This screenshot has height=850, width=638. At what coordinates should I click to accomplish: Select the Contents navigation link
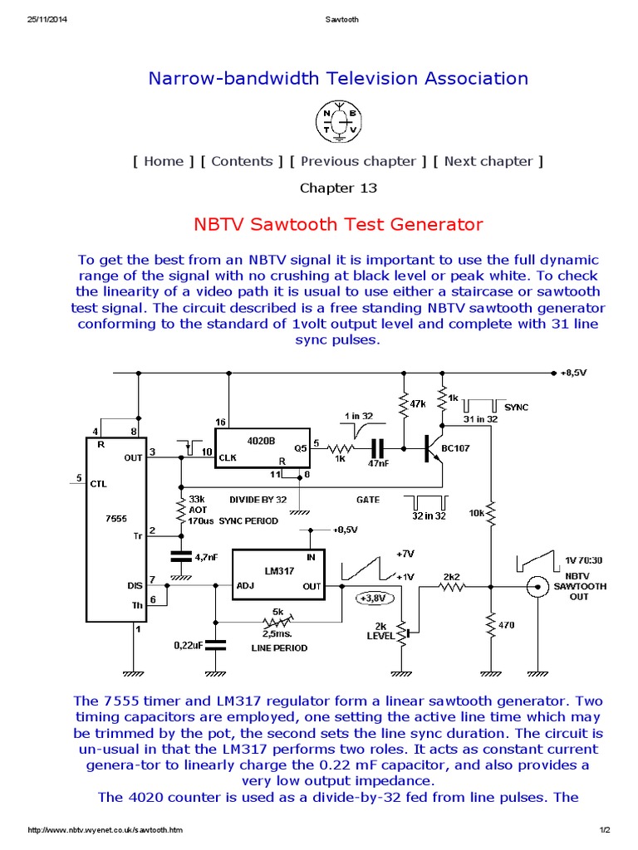[x=242, y=161]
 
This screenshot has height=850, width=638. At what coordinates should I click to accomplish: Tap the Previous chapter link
[x=358, y=161]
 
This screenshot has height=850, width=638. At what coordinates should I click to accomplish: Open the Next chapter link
[x=488, y=161]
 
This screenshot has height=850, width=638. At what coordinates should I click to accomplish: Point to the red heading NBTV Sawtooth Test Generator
[x=338, y=224]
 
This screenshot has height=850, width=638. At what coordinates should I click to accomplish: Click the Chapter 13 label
[x=338, y=188]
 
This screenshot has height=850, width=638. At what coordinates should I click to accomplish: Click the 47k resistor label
[x=418, y=404]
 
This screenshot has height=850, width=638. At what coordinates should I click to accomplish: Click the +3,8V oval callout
[x=375, y=598]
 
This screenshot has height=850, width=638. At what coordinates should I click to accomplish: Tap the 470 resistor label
[x=507, y=625]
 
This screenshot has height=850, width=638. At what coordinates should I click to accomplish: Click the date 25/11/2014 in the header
[x=47, y=20]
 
